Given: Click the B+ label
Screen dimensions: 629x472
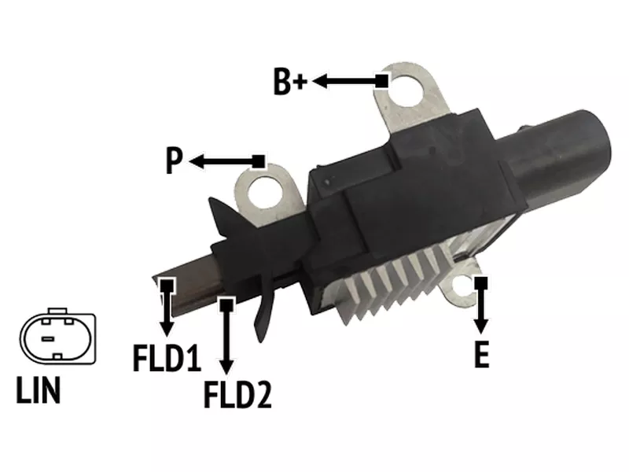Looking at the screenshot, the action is click(x=290, y=82).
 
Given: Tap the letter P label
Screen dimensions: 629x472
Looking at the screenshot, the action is click(x=174, y=160).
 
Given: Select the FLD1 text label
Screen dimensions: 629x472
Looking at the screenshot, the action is click(x=167, y=357).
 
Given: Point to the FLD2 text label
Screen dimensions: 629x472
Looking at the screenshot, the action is click(x=238, y=395).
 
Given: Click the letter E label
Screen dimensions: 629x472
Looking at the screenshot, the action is click(x=481, y=355).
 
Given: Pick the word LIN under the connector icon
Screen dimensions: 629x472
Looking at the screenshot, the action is click(x=39, y=389).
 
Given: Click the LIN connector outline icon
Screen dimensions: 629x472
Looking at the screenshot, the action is click(x=57, y=336).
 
